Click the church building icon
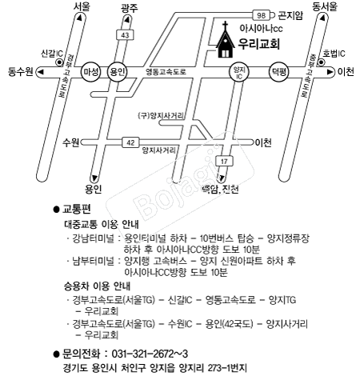tap(226, 42)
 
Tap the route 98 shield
tap(261, 15)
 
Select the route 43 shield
tap(125, 35)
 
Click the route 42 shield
tap(130, 142)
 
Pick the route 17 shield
tap(224, 162)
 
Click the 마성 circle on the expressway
tap(91, 72)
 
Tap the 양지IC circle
tap(239, 72)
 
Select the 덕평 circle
tap(279, 72)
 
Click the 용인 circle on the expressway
tap(117, 72)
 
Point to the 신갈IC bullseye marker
tap(59, 62)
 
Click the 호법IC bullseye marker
tap(322, 62)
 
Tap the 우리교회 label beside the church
tap(258, 43)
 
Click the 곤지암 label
tap(290, 15)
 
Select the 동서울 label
tap(325, 6)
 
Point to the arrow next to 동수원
tap(41, 72)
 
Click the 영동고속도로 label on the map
tap(166, 72)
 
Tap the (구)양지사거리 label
tap(161, 116)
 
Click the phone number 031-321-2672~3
tap(150, 354)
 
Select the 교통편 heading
tap(77, 209)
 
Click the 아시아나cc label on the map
tap(261, 28)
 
